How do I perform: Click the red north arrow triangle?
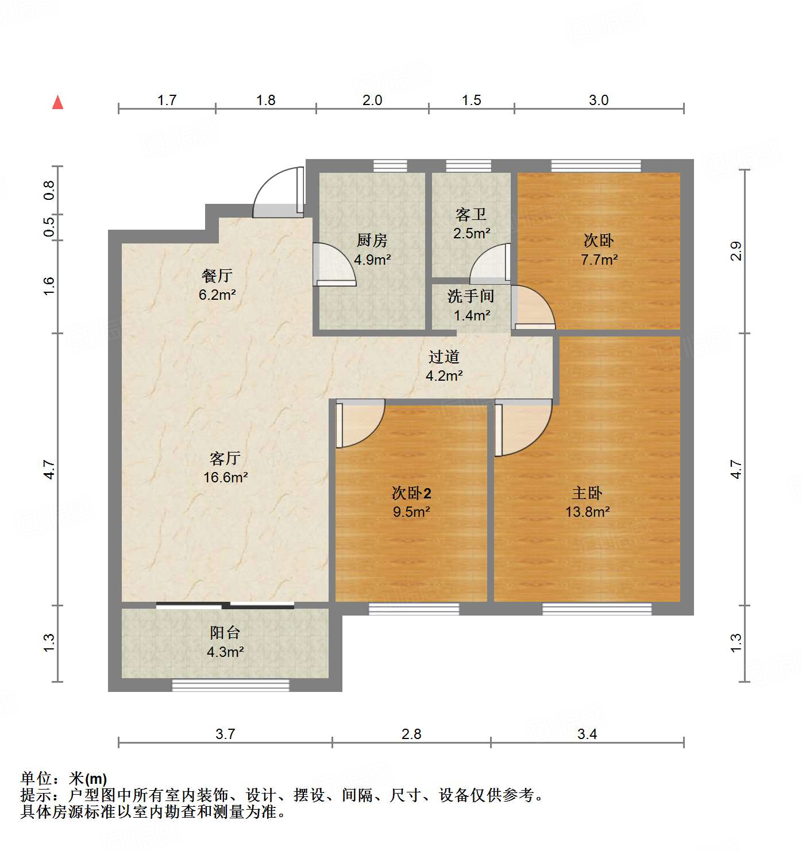click(x=57, y=102)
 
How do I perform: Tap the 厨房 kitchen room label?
click(x=372, y=241)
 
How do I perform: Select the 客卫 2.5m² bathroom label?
click(x=471, y=223)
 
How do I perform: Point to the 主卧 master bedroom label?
click(x=587, y=493)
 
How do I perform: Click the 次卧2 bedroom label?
click(x=411, y=493)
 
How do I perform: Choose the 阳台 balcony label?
click(x=225, y=633)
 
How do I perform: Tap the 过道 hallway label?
click(x=444, y=357)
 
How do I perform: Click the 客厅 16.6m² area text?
click(x=225, y=477)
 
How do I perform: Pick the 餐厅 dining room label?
click(x=217, y=276)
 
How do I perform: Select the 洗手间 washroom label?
click(x=471, y=296)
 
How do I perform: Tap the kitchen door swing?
click(x=334, y=265)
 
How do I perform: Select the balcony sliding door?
click(x=225, y=605)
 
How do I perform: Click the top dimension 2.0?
click(x=372, y=100)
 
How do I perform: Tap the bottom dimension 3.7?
click(x=225, y=734)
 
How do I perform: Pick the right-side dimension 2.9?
click(x=736, y=251)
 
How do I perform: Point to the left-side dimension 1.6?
click(x=49, y=286)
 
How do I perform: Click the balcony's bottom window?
click(x=231, y=685)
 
